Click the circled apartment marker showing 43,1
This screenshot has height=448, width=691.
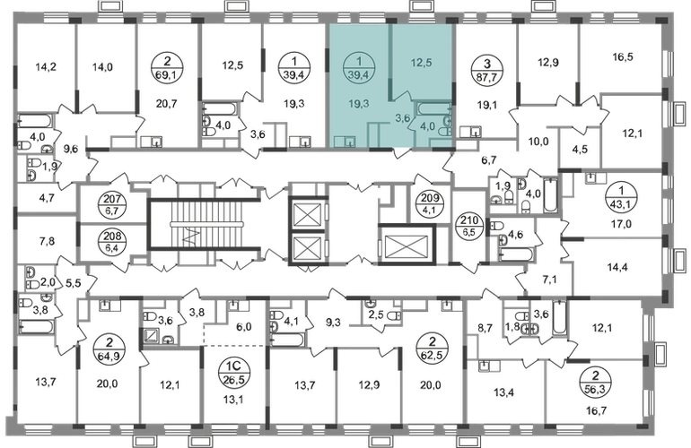point(621,197)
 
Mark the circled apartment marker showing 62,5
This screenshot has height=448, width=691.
point(432,347)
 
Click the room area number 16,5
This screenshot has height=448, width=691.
point(623,56)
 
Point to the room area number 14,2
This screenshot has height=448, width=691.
point(46,67)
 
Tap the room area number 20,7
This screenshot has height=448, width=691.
point(167,104)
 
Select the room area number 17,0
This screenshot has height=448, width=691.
point(621,224)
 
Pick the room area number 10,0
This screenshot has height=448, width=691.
point(538,142)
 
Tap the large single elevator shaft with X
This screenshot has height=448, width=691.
point(407,244)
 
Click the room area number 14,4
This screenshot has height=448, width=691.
point(617,267)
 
